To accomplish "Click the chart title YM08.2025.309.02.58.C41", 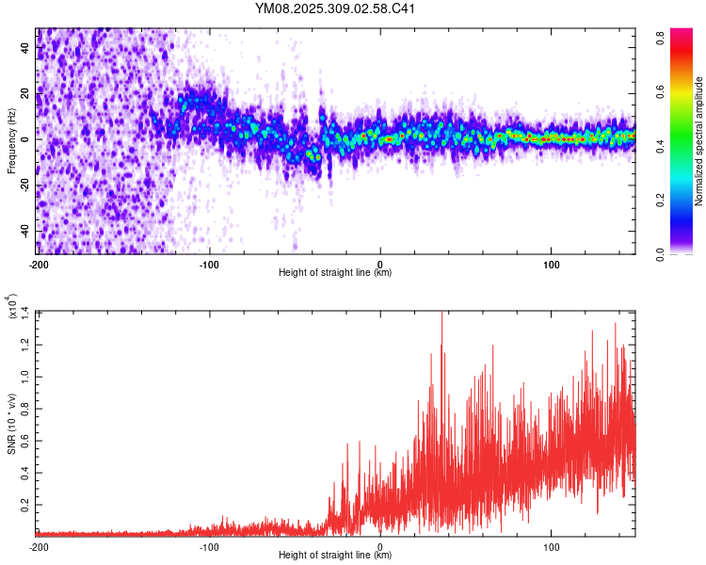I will tap(335, 8).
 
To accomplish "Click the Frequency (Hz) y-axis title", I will tap(11, 139).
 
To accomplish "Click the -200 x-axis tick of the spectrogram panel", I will tap(39, 263).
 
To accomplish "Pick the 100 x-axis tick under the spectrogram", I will tap(551, 263).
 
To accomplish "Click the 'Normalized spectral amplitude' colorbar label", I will tap(698, 141).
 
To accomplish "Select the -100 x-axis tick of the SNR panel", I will tap(209, 547).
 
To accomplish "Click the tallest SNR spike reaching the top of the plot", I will tap(441, 315).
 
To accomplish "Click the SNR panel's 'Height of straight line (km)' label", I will tap(335, 557).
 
